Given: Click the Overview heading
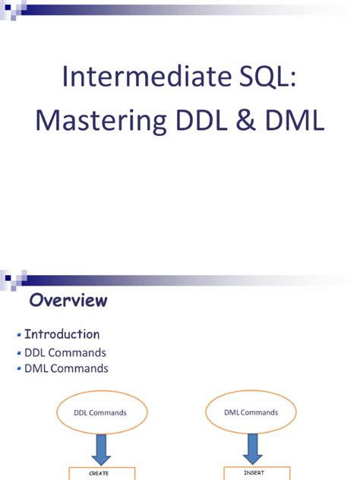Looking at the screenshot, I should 68,301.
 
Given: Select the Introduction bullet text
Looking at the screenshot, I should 62,334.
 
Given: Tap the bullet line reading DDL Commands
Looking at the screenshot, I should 65,352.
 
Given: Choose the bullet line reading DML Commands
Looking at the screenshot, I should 66,368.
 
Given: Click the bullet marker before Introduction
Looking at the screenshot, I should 18,335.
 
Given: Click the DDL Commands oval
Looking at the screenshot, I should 100,413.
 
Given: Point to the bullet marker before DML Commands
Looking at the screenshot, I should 18,369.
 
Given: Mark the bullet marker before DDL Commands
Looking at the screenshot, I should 18,353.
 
